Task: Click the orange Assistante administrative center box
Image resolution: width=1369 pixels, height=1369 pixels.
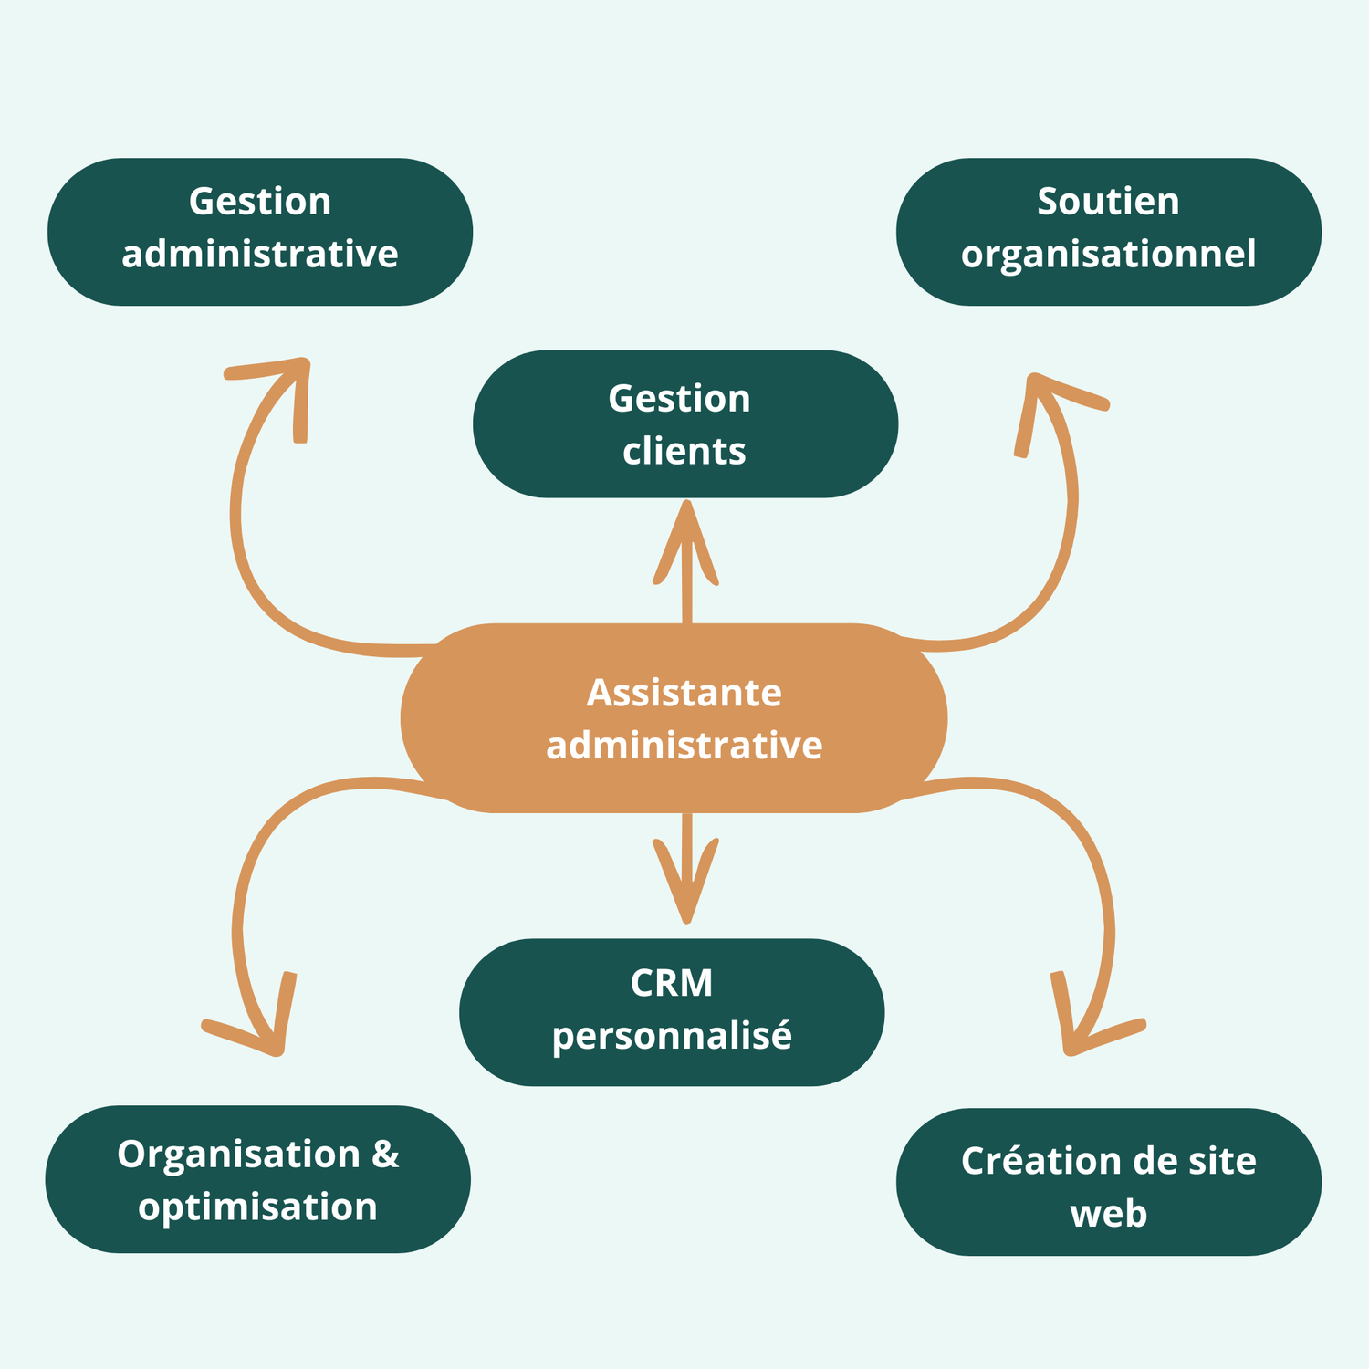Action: click(x=674, y=718)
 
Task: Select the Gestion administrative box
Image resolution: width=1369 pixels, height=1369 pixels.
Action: click(x=260, y=232)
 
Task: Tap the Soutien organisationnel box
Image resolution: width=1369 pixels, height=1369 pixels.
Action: click(x=1108, y=232)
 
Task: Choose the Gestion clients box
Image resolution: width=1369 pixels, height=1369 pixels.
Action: click(x=684, y=423)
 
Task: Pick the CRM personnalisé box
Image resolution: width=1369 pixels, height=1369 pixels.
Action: click(x=672, y=1011)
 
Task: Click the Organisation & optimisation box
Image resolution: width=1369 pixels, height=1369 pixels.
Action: click(x=258, y=1179)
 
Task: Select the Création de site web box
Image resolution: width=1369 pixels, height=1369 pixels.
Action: click(x=1108, y=1182)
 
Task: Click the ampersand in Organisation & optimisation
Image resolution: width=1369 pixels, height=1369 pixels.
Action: click(x=385, y=1155)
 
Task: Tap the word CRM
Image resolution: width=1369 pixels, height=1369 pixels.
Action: click(x=672, y=984)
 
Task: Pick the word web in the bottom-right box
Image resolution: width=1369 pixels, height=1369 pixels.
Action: click(x=1108, y=1214)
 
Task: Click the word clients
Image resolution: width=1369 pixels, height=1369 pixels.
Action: click(x=684, y=451)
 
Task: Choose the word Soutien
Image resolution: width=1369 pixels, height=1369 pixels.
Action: click(x=1108, y=202)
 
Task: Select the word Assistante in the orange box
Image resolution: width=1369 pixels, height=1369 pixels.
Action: click(x=684, y=693)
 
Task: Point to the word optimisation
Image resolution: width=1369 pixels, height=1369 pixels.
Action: click(x=258, y=1207)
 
